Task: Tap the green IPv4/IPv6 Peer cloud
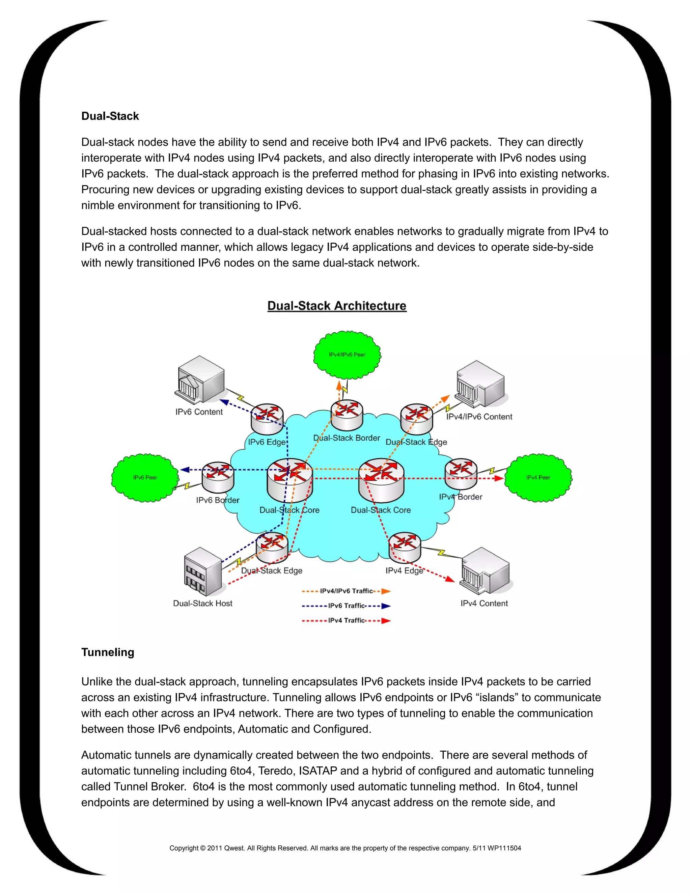[x=347, y=355]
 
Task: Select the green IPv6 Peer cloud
[x=145, y=477]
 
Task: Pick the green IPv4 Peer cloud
[x=538, y=477]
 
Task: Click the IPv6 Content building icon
[x=200, y=380]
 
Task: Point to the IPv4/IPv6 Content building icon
[x=480, y=384]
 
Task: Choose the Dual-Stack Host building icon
[x=203, y=571]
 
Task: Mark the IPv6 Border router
[x=218, y=477]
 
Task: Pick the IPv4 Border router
[x=461, y=474]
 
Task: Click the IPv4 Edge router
[x=405, y=547]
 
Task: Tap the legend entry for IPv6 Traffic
[x=346, y=606]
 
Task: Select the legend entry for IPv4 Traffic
[x=346, y=620]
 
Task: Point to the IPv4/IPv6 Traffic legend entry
[x=346, y=591]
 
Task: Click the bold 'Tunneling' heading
[x=108, y=652]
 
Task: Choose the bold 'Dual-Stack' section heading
[x=110, y=116]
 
